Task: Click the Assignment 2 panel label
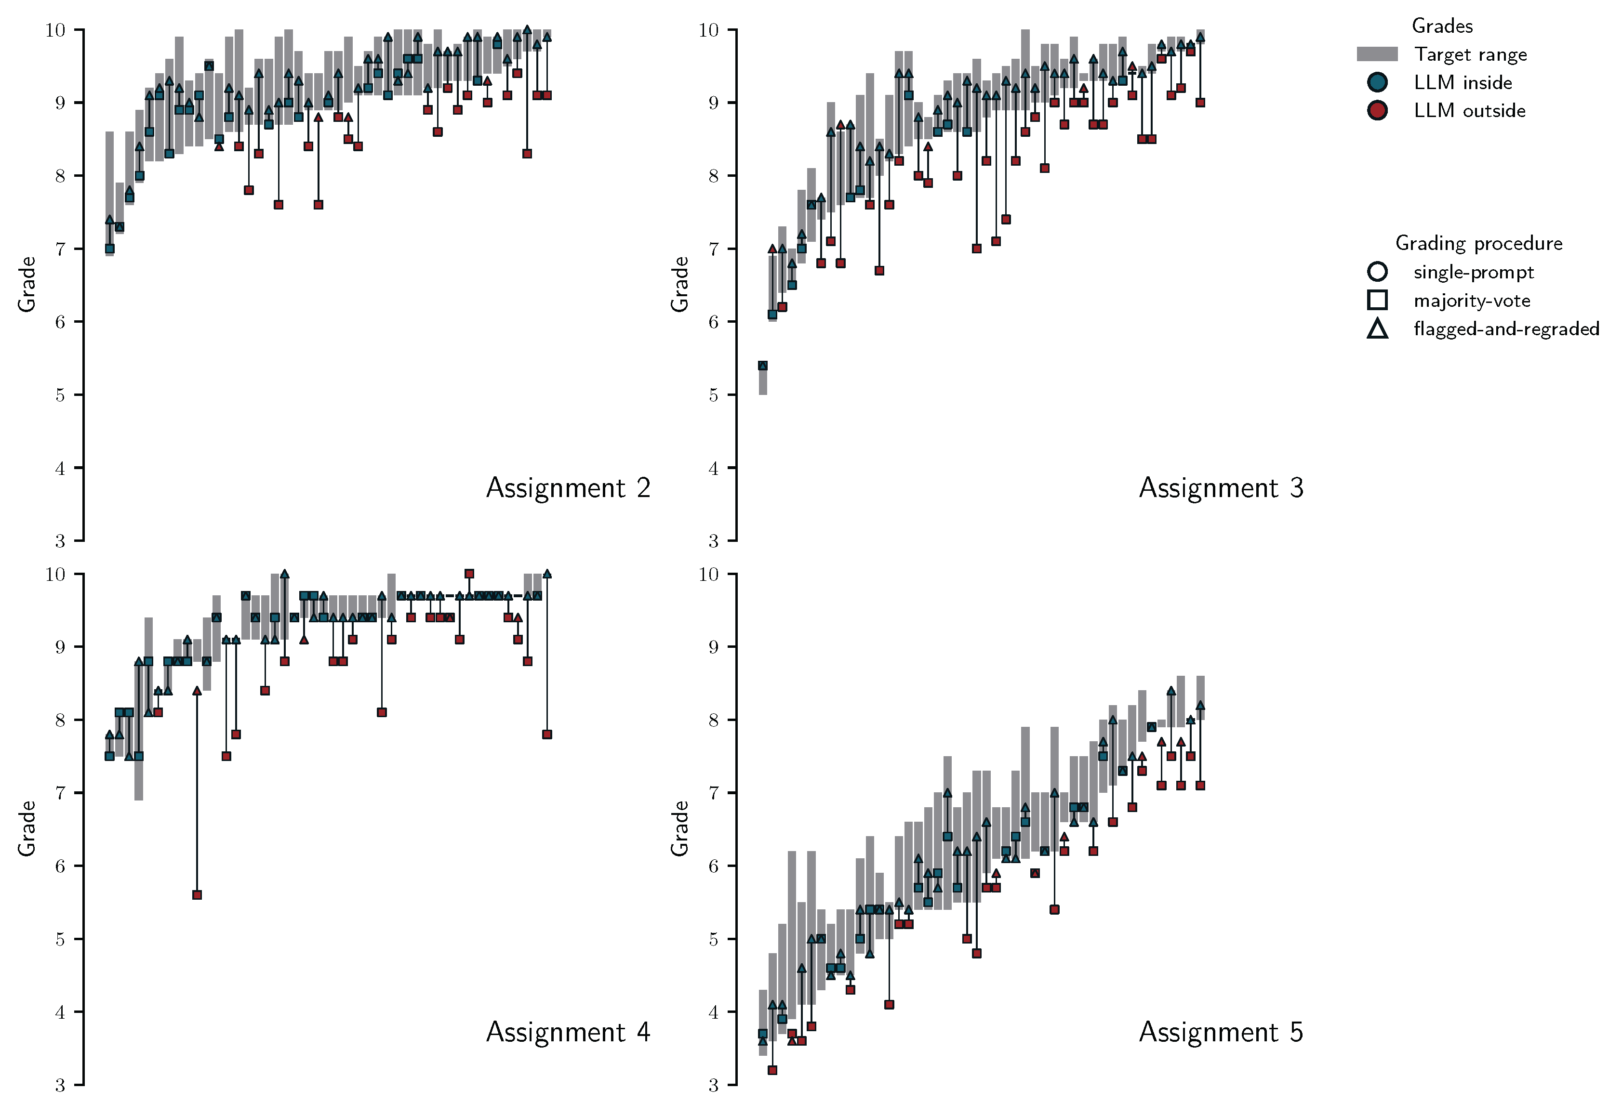pyautogui.click(x=568, y=488)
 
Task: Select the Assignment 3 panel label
pyautogui.click(x=1221, y=488)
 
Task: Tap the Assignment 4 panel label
pyautogui.click(x=568, y=1032)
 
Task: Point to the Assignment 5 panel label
pyautogui.click(x=1221, y=1032)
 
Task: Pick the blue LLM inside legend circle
pyautogui.click(x=1377, y=82)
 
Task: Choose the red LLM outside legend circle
pyautogui.click(x=1377, y=110)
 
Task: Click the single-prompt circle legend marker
pyautogui.click(x=1377, y=271)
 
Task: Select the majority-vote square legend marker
pyautogui.click(x=1377, y=300)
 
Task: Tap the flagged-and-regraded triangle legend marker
pyautogui.click(x=1377, y=329)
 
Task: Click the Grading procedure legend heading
pyautogui.click(x=1478, y=243)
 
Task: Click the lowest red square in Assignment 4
pyautogui.click(x=197, y=895)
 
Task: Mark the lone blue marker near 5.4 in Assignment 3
pyautogui.click(x=762, y=366)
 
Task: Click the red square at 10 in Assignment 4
pyautogui.click(x=469, y=574)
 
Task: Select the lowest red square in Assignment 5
pyautogui.click(x=772, y=1070)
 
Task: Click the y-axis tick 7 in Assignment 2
pyautogui.click(x=60, y=249)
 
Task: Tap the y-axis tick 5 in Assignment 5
pyautogui.click(x=713, y=939)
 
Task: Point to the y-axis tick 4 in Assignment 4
pyautogui.click(x=60, y=1012)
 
